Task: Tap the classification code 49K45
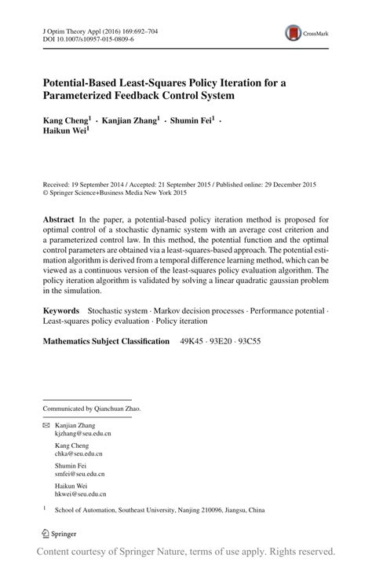pos(191,341)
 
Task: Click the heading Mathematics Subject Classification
pos(105,341)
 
